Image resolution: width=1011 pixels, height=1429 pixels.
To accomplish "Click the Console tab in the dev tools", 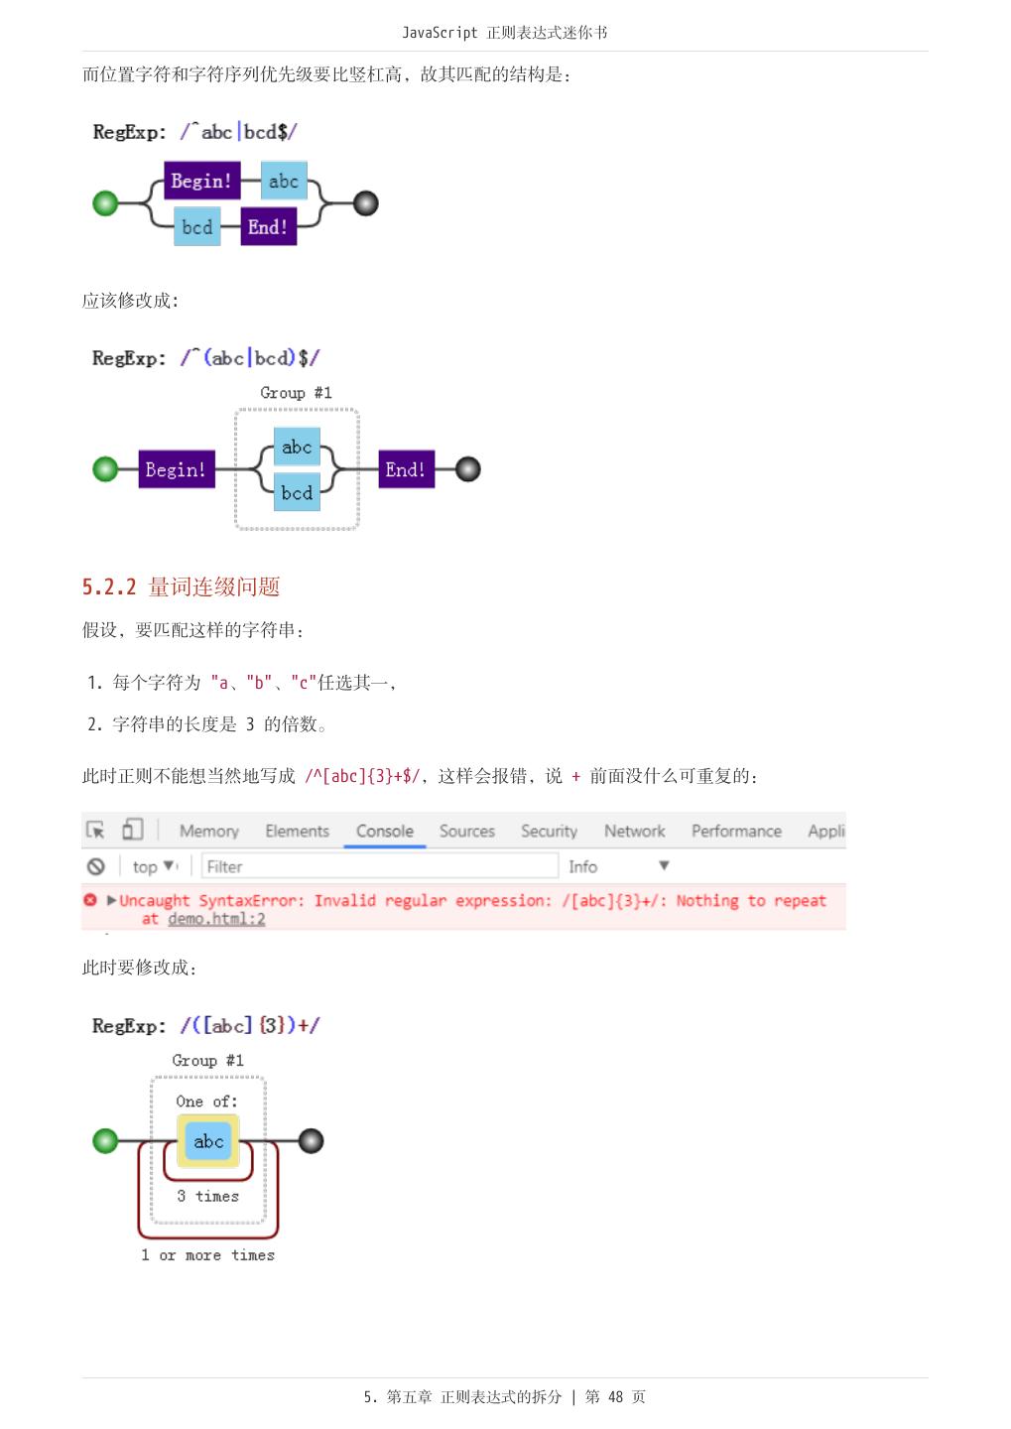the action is (385, 832).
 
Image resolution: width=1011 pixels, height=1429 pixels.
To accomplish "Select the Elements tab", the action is (297, 832).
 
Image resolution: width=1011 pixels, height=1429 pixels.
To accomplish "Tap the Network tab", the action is (635, 832).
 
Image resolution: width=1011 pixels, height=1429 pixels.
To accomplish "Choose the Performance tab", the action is (736, 832).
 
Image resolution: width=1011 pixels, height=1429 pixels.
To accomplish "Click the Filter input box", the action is (379, 866).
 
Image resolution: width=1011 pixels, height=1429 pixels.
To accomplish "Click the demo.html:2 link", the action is (216, 919).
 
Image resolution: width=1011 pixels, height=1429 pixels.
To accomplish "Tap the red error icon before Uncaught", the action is (90, 900).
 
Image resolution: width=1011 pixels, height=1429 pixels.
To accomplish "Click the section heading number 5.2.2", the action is (109, 586).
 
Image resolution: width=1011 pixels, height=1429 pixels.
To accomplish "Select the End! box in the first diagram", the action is (268, 227).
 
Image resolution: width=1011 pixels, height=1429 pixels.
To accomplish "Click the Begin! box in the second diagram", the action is (177, 469).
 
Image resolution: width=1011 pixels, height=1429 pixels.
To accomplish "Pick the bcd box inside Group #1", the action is (297, 492).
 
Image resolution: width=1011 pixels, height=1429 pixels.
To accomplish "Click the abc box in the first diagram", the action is (284, 182).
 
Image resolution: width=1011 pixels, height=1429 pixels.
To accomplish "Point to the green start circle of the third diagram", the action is (105, 1141).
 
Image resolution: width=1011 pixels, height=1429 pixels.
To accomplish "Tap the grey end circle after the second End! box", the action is (467, 469).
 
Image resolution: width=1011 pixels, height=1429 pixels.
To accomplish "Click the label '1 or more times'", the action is (207, 1255).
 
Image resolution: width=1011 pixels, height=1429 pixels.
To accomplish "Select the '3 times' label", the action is (207, 1197).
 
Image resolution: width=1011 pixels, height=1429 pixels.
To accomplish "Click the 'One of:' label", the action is (206, 1102).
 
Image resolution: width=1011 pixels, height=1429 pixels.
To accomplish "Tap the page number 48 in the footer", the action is (615, 1397).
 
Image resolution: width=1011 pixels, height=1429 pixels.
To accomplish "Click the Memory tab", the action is (209, 832).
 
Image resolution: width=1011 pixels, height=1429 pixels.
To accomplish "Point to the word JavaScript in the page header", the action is (440, 33).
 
